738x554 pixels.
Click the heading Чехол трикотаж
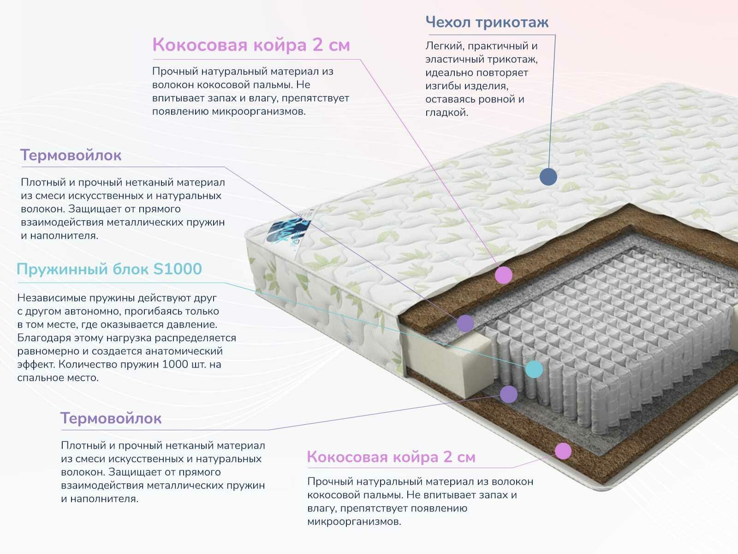pyautogui.click(x=487, y=22)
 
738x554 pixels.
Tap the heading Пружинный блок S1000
pyautogui.click(x=109, y=269)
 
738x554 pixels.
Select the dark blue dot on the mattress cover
pyautogui.click(x=548, y=176)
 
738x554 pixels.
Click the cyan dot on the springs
pyautogui.click(x=534, y=369)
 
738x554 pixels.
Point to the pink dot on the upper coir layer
pyautogui.click(x=503, y=275)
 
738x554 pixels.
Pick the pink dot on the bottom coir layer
pyautogui.click(x=563, y=451)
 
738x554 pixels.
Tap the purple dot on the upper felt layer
pyautogui.click(x=465, y=324)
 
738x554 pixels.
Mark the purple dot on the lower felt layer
pyautogui.click(x=508, y=394)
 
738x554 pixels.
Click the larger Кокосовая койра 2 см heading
pyautogui.click(x=251, y=45)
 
